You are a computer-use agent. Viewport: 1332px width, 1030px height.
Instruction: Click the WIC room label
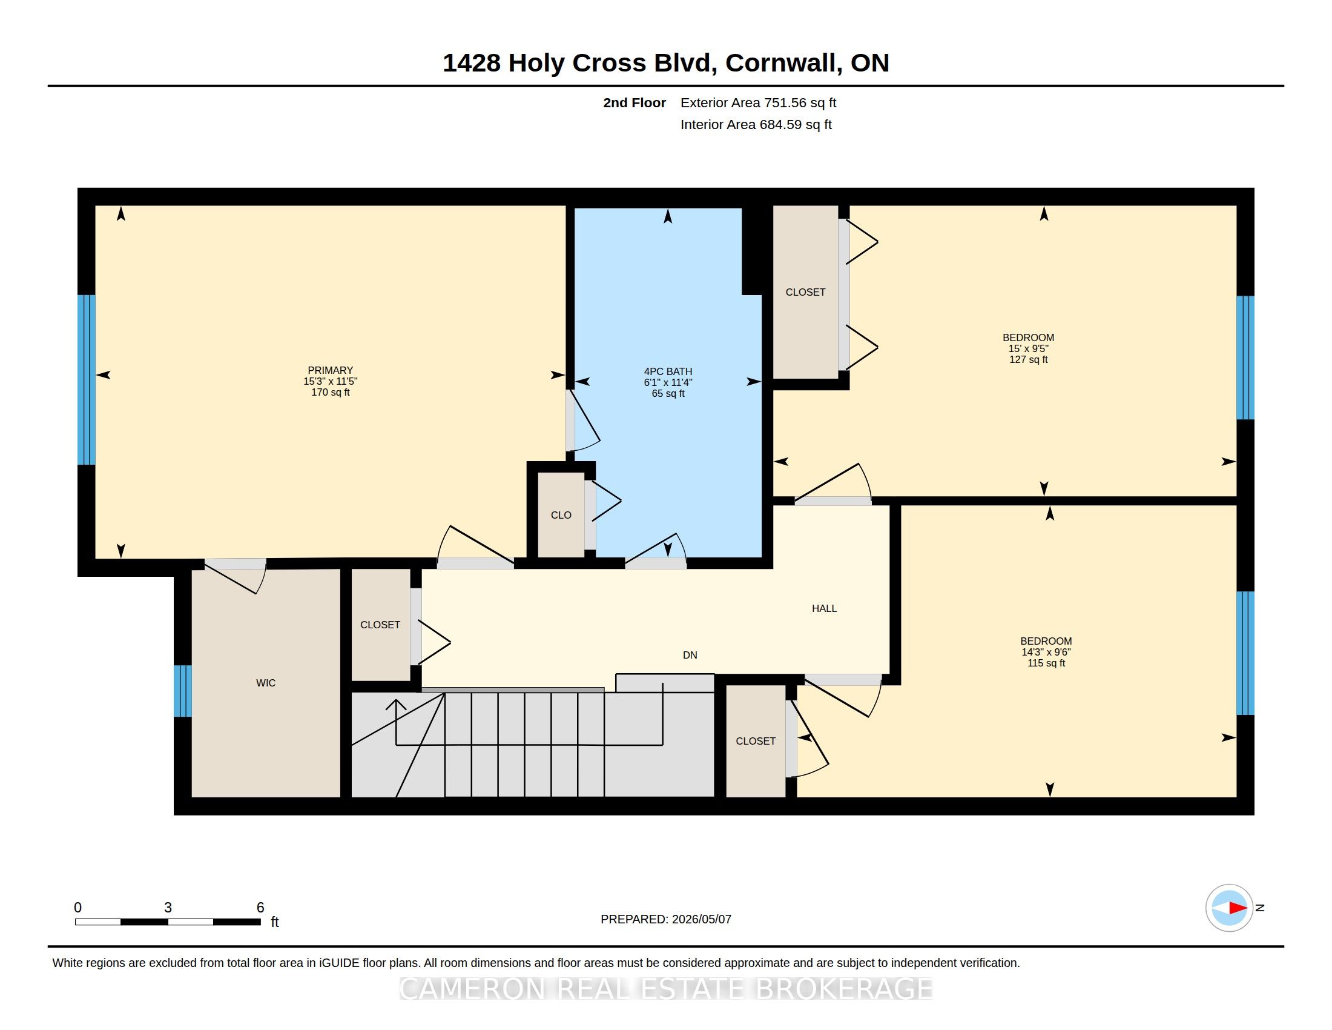(x=265, y=683)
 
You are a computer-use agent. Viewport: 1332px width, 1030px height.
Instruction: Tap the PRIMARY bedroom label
(x=330, y=370)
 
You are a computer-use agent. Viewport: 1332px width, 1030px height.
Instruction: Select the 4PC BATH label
(x=668, y=371)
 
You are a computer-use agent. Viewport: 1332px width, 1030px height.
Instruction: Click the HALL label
(x=824, y=608)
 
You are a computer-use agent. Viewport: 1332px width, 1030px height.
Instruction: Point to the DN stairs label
(x=690, y=656)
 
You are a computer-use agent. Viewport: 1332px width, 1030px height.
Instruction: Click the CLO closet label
(x=561, y=516)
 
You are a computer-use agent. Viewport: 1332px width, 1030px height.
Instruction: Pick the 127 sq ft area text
(x=1028, y=360)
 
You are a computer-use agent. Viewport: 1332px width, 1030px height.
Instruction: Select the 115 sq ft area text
(x=1046, y=663)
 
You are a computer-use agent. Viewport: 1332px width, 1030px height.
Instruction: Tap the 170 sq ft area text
(x=330, y=393)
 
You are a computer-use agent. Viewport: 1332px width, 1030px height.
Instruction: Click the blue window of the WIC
(x=182, y=691)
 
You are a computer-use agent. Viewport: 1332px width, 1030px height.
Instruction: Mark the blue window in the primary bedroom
(x=87, y=379)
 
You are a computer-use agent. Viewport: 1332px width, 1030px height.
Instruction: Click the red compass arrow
(x=1238, y=908)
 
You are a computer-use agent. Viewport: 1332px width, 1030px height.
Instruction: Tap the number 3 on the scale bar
(x=168, y=908)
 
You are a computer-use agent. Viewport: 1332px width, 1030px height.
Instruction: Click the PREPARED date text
(x=665, y=919)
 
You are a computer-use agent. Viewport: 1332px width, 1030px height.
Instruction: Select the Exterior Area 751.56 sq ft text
(x=758, y=103)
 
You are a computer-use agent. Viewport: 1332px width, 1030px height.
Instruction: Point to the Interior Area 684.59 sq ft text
(x=756, y=124)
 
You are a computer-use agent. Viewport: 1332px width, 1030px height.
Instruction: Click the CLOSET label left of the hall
(x=380, y=625)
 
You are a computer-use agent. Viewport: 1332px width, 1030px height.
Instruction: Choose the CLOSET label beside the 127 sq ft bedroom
(x=805, y=292)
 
